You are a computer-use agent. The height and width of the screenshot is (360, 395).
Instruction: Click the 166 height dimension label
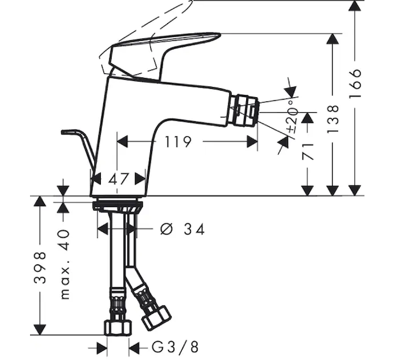[x=355, y=83]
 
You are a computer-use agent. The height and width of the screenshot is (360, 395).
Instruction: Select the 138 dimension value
[x=333, y=119]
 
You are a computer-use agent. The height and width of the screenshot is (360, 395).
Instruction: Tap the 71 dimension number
[x=308, y=152]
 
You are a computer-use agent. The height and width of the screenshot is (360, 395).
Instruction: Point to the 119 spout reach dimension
[x=178, y=142]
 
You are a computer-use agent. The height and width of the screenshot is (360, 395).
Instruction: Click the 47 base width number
[x=118, y=179]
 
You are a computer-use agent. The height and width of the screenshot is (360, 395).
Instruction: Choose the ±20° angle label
[x=292, y=116]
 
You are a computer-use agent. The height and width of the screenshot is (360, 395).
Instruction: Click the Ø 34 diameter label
[x=182, y=229]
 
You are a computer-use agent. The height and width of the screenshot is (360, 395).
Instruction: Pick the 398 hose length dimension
[x=40, y=268]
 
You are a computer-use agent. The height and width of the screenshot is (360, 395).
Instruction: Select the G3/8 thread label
[x=175, y=347]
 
